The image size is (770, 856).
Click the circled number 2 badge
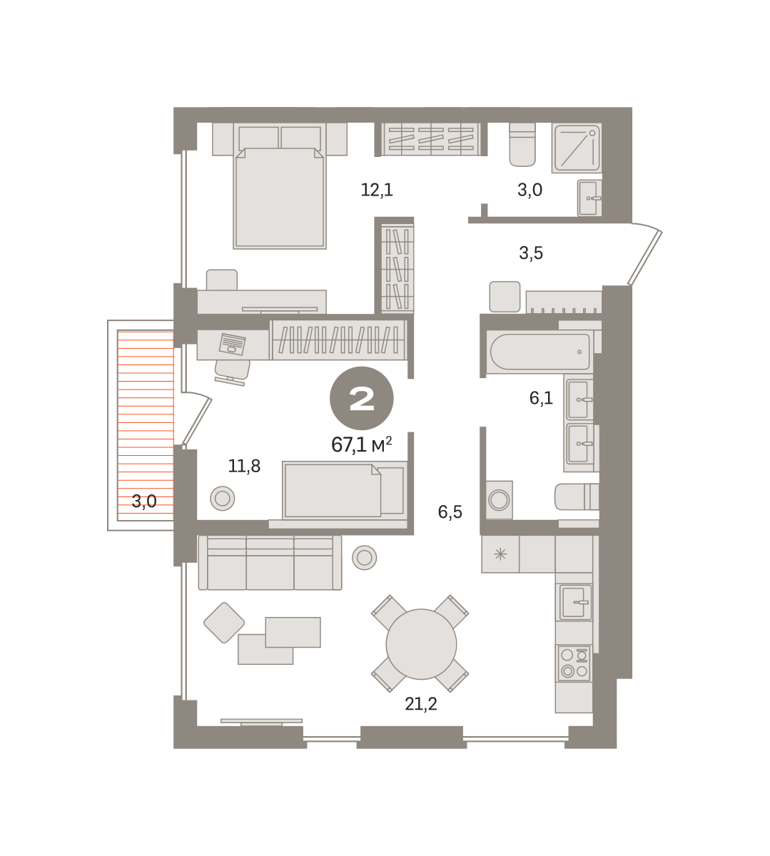(x=361, y=398)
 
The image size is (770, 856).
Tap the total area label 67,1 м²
(x=361, y=444)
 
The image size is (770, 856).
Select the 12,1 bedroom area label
(x=377, y=190)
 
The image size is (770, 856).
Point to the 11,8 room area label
(x=244, y=466)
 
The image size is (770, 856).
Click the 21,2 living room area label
(x=420, y=703)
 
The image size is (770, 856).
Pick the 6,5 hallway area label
(x=450, y=511)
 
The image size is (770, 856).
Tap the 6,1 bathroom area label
(x=541, y=398)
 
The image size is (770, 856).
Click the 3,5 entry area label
(x=531, y=253)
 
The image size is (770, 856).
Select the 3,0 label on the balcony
(x=144, y=501)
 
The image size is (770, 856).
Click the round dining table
(x=421, y=644)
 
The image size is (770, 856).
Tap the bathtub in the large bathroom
(x=539, y=352)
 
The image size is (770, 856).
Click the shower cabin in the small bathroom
(x=577, y=148)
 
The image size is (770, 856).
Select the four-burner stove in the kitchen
(x=574, y=663)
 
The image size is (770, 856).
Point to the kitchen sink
(x=574, y=602)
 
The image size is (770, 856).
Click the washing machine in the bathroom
(x=500, y=499)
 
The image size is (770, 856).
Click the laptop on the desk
(x=232, y=345)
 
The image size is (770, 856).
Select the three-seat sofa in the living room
(x=270, y=563)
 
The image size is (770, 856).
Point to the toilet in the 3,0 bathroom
(x=522, y=145)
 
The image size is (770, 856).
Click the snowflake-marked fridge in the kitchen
(x=500, y=554)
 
